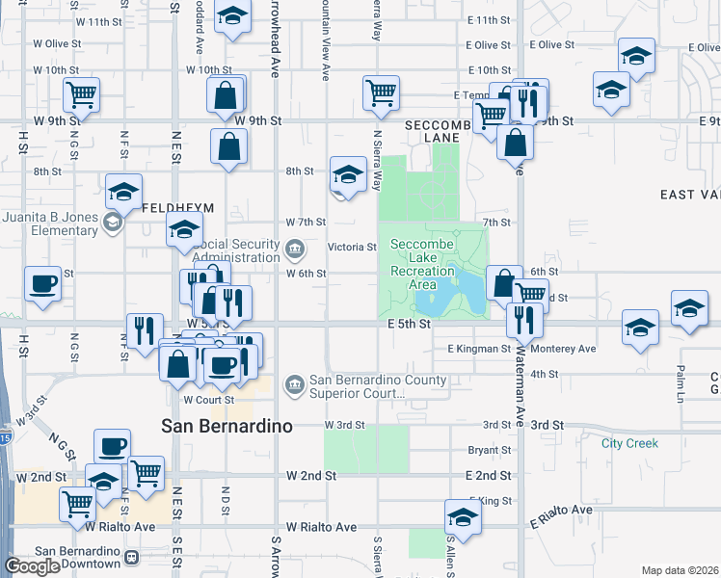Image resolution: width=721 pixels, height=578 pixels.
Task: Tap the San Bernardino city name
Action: pos(227,426)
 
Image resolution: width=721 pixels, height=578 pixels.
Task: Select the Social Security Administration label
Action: pos(237,251)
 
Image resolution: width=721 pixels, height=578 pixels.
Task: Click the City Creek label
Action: pos(629,443)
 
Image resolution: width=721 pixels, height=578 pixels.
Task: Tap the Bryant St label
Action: pos(488,450)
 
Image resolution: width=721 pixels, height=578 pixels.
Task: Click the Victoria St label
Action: pos(352,248)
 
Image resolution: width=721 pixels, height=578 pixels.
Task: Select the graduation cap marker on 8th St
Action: pos(347,174)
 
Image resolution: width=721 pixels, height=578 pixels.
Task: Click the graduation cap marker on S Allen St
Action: pos(463,518)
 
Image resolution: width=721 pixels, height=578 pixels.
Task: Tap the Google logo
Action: pos(32,566)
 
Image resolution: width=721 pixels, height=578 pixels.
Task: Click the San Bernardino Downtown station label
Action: pos(75,558)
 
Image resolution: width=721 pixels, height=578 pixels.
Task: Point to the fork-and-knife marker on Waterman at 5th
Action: pos(524,318)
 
